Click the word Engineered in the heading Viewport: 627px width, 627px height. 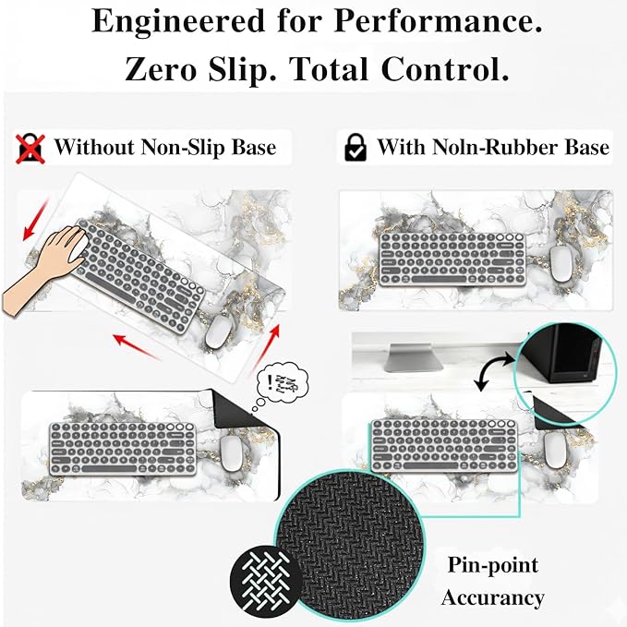(178, 21)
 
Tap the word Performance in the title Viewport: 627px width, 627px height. (438, 21)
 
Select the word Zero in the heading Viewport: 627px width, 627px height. (161, 69)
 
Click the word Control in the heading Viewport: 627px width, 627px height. (445, 69)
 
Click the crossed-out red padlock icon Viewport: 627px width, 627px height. (30, 149)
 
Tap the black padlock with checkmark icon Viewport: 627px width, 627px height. (356, 148)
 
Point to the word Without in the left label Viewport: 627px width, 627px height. (94, 147)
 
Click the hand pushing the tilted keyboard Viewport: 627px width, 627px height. (44, 268)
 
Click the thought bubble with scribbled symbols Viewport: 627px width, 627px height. (282, 384)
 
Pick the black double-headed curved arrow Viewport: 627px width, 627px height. (494, 371)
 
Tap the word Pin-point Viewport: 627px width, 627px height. (493, 565)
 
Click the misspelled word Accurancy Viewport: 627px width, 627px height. (493, 597)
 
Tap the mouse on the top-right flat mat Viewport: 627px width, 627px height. (562, 264)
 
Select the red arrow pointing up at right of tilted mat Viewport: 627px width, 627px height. (266, 348)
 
